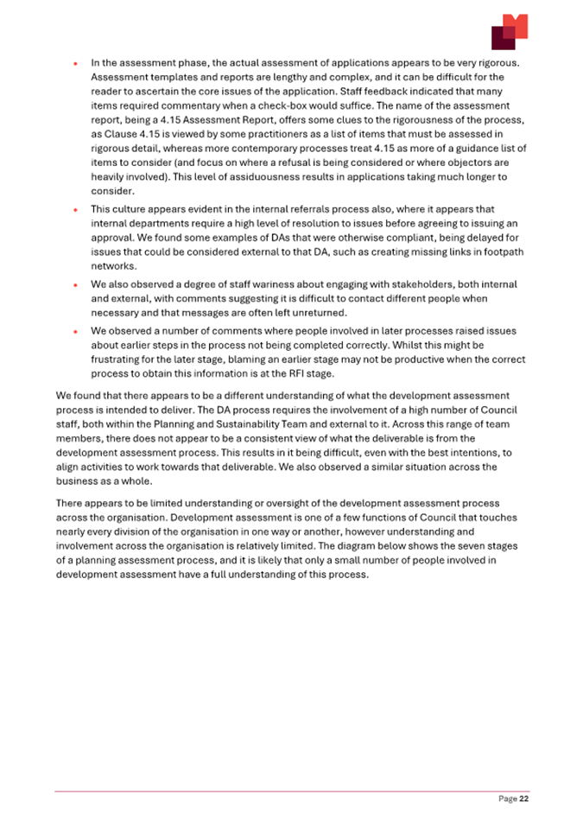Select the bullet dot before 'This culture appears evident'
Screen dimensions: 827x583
pos(77,209)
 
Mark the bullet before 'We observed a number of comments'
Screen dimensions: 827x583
pos(77,328)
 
